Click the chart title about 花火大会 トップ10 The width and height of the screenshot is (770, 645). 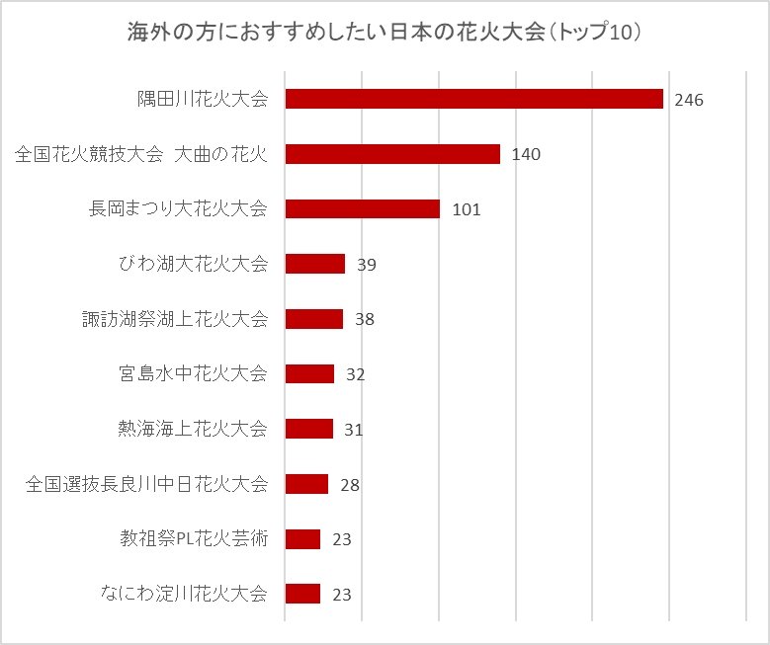(x=385, y=33)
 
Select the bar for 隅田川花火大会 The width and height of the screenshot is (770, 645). (x=473, y=99)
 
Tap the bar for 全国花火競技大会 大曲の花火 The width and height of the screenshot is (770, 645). (x=392, y=154)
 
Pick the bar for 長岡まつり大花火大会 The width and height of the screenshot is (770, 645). (x=362, y=208)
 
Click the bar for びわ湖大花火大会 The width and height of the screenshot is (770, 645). (x=314, y=264)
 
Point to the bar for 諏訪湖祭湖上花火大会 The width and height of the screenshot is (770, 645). (x=313, y=319)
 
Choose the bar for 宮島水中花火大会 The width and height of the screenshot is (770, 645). (x=309, y=373)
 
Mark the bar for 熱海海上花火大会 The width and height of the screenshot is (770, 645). (x=308, y=429)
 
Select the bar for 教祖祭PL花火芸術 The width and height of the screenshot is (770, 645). (x=302, y=539)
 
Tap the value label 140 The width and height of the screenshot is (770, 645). (x=526, y=155)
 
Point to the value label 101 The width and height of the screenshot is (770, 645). (x=466, y=209)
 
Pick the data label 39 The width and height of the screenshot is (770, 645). (x=367, y=265)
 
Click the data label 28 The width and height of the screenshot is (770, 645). (x=349, y=485)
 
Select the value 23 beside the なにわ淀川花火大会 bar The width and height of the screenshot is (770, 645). (x=342, y=595)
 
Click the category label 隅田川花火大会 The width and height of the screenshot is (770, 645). (x=203, y=99)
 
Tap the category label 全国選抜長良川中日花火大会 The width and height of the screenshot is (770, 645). (x=147, y=484)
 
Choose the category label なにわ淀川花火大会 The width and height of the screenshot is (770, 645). (x=184, y=594)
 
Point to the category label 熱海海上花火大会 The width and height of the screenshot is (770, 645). (x=193, y=429)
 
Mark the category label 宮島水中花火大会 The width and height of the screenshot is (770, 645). (x=193, y=373)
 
